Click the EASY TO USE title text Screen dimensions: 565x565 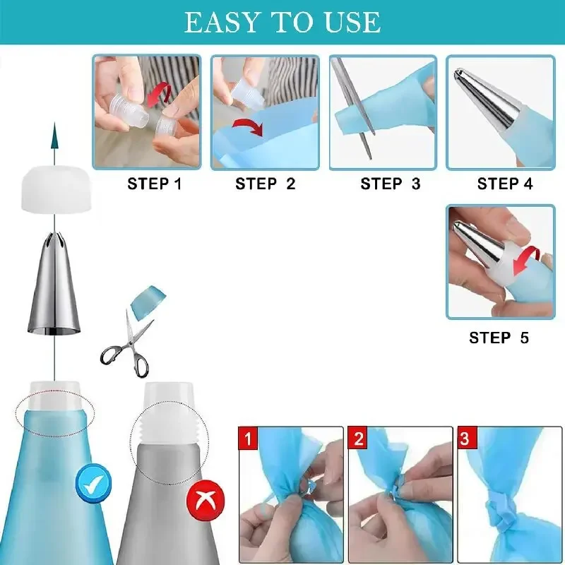(282, 23)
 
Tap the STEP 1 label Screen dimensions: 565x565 (155, 184)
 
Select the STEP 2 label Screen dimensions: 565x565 (266, 184)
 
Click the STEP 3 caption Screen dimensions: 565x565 (390, 184)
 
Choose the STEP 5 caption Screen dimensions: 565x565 (499, 338)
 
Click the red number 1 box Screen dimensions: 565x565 (247, 439)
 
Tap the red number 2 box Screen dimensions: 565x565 (359, 439)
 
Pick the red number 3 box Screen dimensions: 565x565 (464, 439)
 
